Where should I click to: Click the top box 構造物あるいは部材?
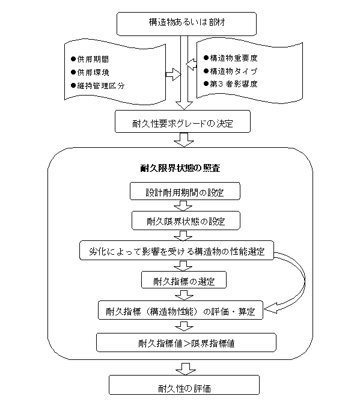[186, 23]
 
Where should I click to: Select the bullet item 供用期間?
[90, 59]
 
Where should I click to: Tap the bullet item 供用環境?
[90, 72]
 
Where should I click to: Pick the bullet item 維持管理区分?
[97, 85]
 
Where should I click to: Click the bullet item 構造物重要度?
[231, 58]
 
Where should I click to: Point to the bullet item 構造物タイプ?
[231, 71]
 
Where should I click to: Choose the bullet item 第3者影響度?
[231, 84]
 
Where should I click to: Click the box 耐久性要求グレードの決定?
[183, 121]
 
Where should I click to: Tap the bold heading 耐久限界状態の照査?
[180, 168]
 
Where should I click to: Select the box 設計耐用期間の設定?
[185, 191]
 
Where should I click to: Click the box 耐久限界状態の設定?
[186, 221]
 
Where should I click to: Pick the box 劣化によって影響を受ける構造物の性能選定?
[177, 251]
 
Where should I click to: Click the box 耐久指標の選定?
[184, 280]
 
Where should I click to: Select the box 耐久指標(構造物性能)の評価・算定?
[180, 310]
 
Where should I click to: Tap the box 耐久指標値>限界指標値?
[186, 343]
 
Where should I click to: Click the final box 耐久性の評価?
[184, 385]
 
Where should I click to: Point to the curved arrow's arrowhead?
[270, 309]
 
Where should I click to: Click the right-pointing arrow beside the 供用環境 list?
[173, 75]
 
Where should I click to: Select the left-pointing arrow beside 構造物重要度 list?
[191, 64]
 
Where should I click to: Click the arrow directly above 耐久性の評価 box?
[186, 369]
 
